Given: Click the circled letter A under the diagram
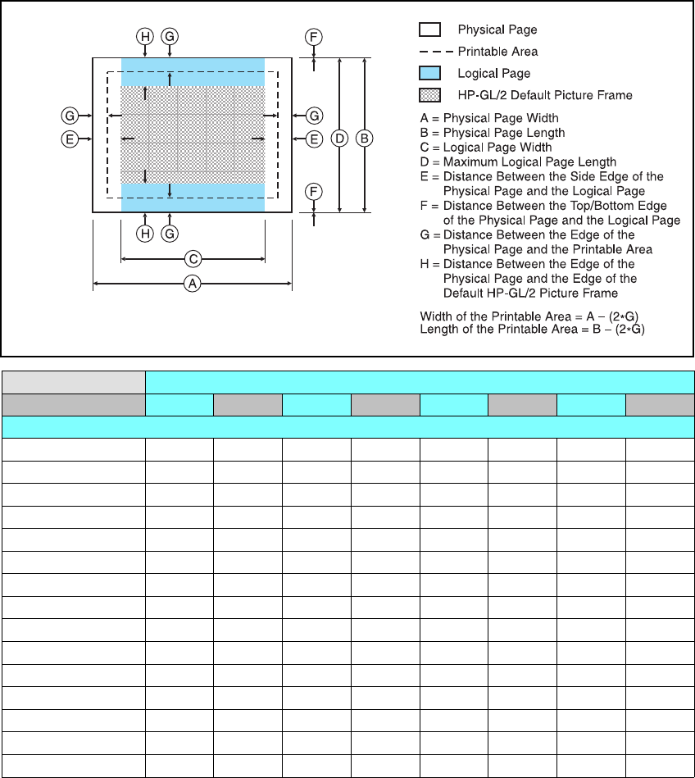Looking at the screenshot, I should tap(193, 284).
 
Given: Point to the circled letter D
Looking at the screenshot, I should tap(339, 139).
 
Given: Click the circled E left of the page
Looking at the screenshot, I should tap(70, 139).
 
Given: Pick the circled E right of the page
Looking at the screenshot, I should tap(314, 139).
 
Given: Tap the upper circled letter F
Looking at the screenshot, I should tap(314, 36).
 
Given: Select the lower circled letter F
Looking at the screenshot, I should tap(314, 192).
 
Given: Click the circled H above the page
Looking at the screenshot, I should tap(145, 36).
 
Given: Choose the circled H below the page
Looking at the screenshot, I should tap(145, 234).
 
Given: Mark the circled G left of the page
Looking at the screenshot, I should tap(70, 115).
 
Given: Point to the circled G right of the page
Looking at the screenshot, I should tap(314, 115).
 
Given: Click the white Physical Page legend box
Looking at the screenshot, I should tap(430, 30).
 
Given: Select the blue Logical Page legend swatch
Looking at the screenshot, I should tap(430, 73).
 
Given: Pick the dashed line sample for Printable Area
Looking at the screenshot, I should tap(430, 52).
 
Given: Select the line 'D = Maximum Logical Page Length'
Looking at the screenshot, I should tap(518, 162).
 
